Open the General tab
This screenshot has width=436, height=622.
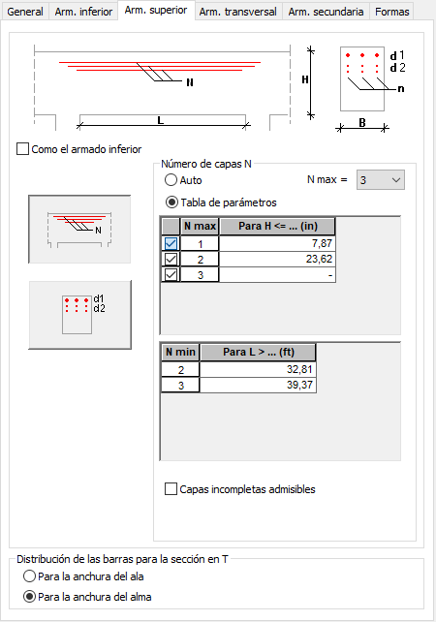point(25,12)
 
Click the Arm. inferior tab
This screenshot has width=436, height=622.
point(83,12)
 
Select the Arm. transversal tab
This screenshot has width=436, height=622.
point(238,12)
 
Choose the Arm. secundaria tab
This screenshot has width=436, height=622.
point(326,12)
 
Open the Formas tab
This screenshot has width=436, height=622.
point(392,12)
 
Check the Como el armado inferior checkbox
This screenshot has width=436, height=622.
point(22,149)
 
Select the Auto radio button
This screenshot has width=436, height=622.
point(171,180)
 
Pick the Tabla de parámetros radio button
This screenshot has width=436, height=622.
point(171,202)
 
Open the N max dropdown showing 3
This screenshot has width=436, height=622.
point(381,180)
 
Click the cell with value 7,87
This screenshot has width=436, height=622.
point(277,243)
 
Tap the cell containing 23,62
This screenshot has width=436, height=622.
point(277,259)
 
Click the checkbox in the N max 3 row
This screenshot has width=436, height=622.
point(171,274)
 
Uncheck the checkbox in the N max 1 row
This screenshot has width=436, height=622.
point(171,243)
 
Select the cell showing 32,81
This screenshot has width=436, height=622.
point(258,369)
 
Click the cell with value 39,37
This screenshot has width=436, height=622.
point(258,385)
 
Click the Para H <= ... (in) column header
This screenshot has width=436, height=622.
point(277,226)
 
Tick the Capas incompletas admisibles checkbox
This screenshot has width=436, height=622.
point(171,488)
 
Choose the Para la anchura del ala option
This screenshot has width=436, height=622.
point(29,576)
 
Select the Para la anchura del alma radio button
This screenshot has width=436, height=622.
point(29,597)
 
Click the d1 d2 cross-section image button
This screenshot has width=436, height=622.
point(79,315)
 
